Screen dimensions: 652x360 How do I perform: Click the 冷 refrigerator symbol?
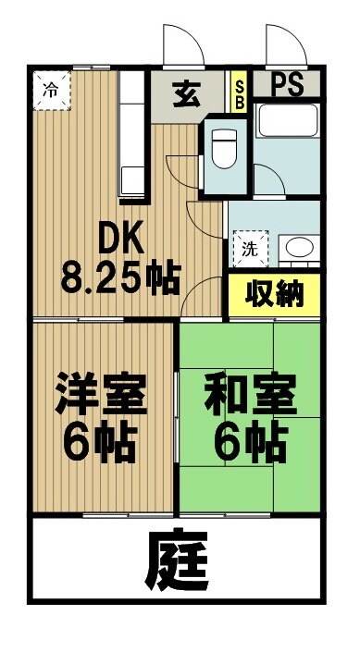52,91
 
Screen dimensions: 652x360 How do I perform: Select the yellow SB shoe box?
239,93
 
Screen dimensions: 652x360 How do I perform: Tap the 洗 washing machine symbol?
248,247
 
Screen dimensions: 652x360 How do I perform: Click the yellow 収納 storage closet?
274,294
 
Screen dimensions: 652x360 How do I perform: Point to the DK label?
119,240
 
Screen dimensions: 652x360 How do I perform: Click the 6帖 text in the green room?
250,446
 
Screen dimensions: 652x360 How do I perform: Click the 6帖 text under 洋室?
100,446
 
